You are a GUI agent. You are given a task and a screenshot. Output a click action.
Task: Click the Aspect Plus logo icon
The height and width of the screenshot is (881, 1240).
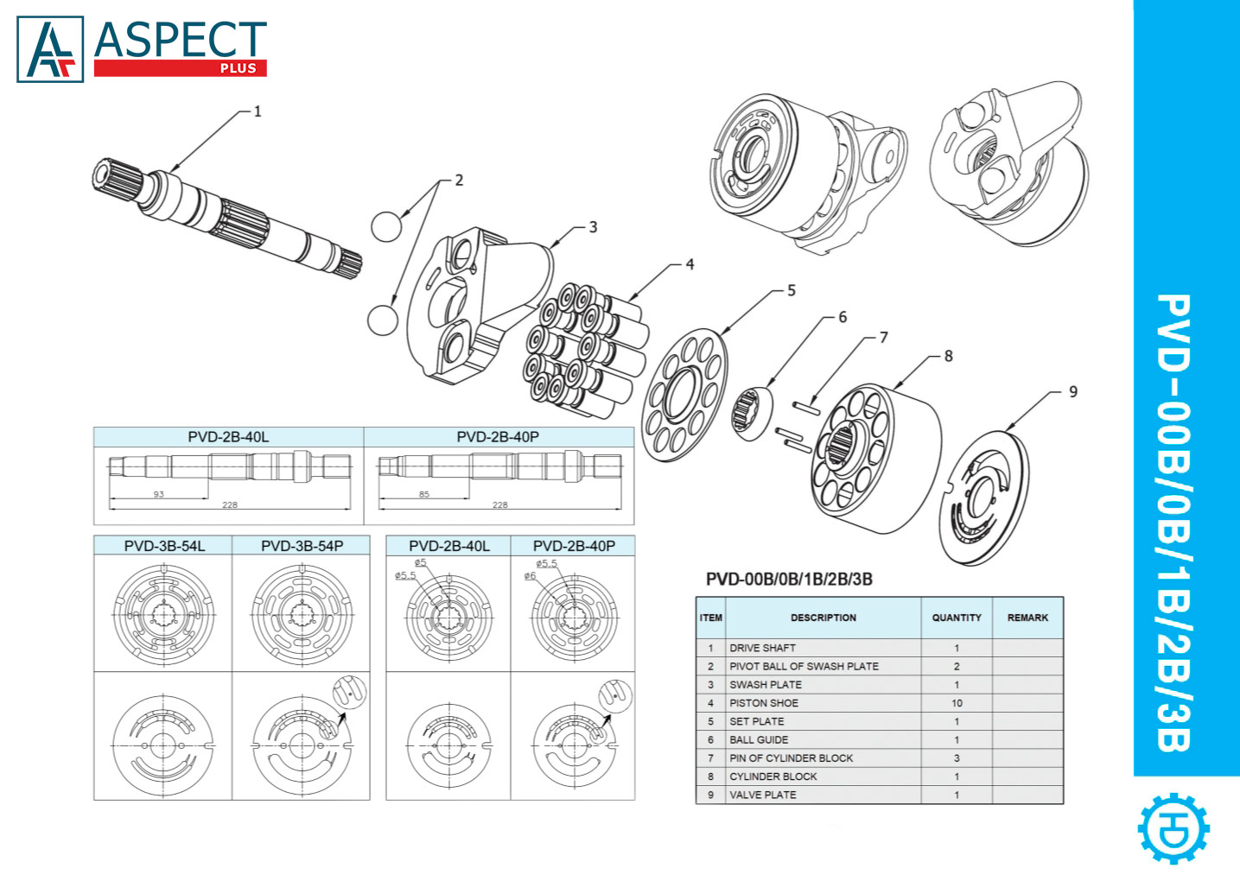point(50,49)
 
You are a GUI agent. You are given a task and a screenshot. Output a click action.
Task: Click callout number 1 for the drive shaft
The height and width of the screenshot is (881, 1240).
point(257,111)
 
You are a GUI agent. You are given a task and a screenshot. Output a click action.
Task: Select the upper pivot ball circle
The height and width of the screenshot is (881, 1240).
point(386,226)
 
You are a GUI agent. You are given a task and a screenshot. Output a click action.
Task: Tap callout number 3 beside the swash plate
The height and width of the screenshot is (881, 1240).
point(593,227)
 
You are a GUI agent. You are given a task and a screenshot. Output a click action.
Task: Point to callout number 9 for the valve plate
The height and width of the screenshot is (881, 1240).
point(1073,392)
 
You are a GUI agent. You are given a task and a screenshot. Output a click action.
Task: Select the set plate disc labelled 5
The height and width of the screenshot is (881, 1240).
point(684,395)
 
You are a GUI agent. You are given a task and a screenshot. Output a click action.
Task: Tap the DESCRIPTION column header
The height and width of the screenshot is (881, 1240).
point(823,618)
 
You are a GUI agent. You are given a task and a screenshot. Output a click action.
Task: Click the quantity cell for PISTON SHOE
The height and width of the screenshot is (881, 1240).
point(956,703)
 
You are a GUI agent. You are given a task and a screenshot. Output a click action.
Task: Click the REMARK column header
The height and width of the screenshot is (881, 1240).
point(1027,618)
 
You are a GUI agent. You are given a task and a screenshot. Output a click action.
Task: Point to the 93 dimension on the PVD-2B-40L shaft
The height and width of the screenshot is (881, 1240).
point(159,494)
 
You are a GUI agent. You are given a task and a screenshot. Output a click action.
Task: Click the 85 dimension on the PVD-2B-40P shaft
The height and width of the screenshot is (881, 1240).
point(423,494)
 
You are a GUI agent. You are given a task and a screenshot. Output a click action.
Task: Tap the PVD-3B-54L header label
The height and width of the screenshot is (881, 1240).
point(164,546)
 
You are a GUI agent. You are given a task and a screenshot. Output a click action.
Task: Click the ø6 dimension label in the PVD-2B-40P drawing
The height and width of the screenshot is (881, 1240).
point(530,576)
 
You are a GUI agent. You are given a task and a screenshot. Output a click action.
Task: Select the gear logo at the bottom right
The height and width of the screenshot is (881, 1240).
point(1173,828)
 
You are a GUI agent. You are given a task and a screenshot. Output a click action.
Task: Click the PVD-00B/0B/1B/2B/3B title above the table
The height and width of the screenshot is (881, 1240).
point(789,579)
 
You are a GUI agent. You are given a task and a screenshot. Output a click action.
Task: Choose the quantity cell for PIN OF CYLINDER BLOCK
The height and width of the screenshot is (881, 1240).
point(956,758)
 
